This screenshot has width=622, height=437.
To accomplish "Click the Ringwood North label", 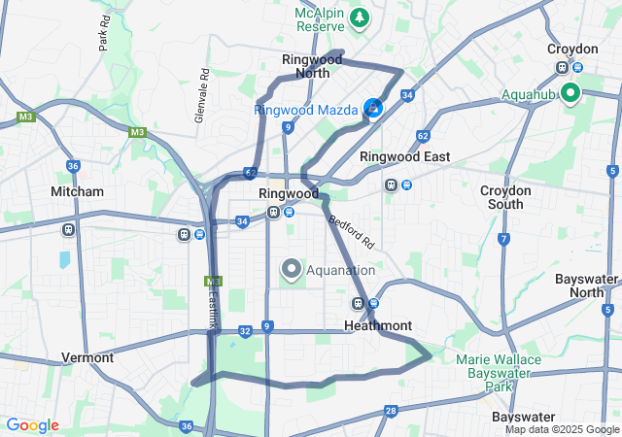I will (311, 65).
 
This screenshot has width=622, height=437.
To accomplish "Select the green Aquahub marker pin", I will (569, 93).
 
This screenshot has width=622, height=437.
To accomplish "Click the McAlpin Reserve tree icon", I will (360, 17).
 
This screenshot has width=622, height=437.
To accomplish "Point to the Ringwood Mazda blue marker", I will (373, 109).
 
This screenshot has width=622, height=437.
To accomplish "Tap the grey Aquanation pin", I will (292, 269).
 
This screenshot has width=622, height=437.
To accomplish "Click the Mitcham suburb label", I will (77, 191).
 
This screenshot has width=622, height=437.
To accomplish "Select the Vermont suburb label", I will (87, 356).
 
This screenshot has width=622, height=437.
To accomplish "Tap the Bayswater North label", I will (587, 285).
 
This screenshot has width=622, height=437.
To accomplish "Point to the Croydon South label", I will (506, 197).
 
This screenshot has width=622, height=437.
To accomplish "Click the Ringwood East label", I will (404, 156).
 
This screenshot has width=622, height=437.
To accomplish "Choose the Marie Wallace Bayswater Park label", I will (499, 372).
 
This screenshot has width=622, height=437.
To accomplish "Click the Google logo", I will (32, 425).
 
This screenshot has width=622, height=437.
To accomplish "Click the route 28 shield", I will (390, 411).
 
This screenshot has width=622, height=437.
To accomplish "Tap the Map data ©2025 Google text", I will (561, 429).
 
